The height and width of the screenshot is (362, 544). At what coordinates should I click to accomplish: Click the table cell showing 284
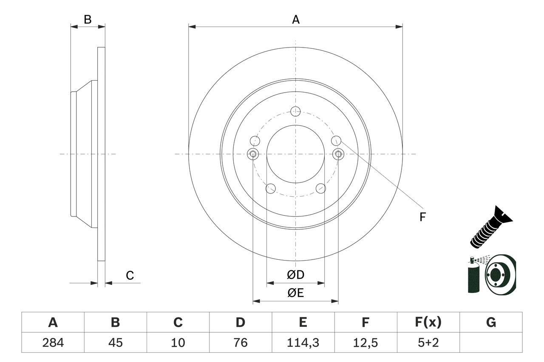click(x=53, y=342)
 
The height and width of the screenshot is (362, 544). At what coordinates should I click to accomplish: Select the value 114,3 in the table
click(x=303, y=342)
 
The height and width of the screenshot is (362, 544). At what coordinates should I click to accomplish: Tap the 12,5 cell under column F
click(x=365, y=342)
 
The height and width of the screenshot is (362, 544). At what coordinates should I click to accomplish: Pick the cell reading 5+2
click(x=428, y=342)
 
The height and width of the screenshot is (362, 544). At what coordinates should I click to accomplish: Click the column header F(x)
click(x=428, y=323)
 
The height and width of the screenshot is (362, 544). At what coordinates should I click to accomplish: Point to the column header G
click(x=491, y=323)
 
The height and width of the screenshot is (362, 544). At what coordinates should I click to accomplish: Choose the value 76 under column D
click(x=240, y=342)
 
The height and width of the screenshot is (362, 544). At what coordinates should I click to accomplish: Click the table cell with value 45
click(x=115, y=342)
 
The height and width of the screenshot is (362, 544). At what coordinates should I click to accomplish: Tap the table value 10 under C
click(x=178, y=342)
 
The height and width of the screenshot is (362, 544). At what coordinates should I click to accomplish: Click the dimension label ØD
click(x=296, y=275)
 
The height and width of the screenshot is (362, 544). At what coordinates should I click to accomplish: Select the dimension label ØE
click(x=296, y=293)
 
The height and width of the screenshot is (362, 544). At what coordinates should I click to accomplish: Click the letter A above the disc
click(x=296, y=19)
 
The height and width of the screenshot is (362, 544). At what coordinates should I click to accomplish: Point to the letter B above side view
click(x=88, y=19)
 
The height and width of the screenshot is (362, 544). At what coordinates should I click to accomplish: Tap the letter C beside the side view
click(x=130, y=275)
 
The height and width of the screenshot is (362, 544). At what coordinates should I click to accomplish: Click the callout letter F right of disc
click(x=422, y=217)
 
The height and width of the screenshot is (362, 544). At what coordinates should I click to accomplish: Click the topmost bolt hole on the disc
click(x=296, y=112)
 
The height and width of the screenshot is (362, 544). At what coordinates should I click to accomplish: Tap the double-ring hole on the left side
click(x=253, y=154)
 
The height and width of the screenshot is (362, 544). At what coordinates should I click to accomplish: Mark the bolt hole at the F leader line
click(x=336, y=140)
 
